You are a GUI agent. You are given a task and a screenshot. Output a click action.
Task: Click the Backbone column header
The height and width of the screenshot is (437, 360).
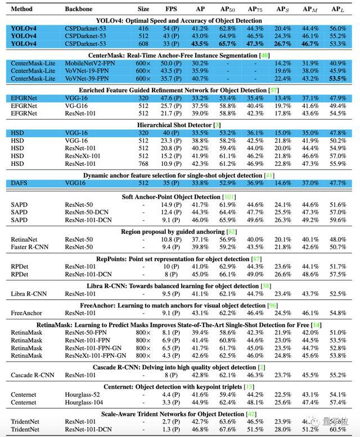(78, 10)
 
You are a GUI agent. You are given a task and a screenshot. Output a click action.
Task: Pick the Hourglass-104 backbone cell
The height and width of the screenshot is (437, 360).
(84, 403)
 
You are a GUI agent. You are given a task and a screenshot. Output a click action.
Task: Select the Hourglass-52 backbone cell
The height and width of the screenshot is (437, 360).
(82, 395)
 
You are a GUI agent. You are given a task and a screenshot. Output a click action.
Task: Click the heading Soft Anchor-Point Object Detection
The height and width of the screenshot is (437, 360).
(169, 197)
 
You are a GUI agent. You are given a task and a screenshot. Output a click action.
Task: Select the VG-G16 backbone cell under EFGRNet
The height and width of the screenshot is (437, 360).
(77, 105)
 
